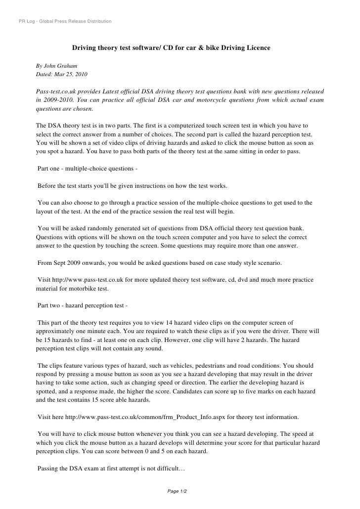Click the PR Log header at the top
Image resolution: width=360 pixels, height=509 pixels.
[64, 22]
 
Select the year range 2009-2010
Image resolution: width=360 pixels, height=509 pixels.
[56, 100]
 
